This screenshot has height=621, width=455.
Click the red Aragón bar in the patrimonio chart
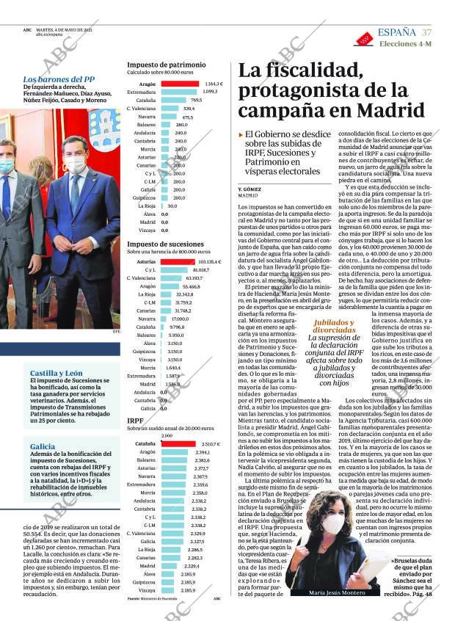coord(180,84)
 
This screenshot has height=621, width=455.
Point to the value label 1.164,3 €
coord(214,84)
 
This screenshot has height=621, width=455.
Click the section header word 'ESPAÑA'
coord(396,32)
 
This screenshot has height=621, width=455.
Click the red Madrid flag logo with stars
coord(363,38)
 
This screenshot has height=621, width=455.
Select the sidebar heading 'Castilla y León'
coord(51,373)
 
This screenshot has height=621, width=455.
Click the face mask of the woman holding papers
coord(332,523)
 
